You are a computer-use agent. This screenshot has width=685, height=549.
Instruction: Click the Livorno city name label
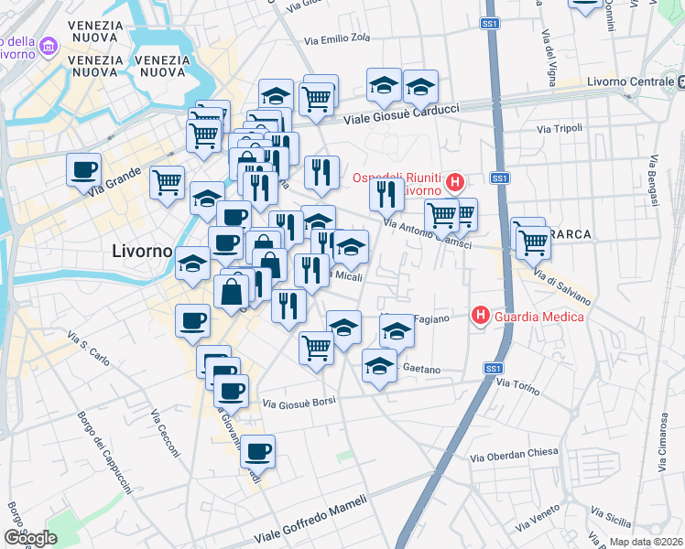142,250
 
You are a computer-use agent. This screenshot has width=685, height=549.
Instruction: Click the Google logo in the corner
30,538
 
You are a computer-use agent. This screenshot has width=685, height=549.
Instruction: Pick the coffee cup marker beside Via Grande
84,169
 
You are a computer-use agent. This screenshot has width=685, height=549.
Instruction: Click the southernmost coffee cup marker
258,450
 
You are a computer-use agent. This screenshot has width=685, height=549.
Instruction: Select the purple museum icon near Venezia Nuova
48,45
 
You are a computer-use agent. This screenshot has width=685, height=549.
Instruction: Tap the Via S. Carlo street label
89,350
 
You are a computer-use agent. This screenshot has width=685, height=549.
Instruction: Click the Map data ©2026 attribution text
646,542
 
